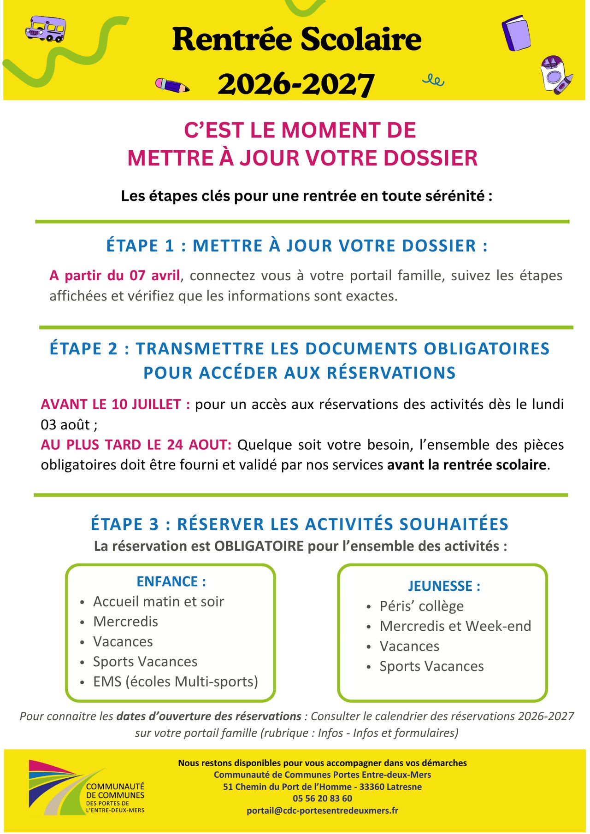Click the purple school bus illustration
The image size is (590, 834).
[x=45, y=29]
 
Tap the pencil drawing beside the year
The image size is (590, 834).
[x=172, y=85]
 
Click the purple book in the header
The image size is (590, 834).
[x=516, y=33]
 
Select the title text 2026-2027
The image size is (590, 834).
[x=296, y=84]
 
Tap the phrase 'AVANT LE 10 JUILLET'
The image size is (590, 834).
[x=115, y=404]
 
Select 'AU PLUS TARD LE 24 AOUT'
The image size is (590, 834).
[x=136, y=445]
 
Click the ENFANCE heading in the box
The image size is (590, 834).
[x=171, y=581]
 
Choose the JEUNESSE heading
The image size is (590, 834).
[x=444, y=586]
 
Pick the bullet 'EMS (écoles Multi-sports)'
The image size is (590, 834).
[x=175, y=681]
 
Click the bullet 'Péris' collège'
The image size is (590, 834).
[x=421, y=606]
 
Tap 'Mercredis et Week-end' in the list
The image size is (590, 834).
[x=455, y=626]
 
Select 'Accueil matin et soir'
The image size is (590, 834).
[x=158, y=602]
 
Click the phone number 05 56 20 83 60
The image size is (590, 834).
[x=322, y=799]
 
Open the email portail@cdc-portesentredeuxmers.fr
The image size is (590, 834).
[x=322, y=811]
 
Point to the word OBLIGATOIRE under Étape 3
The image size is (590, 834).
[x=259, y=546]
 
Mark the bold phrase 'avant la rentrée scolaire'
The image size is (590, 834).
[x=466, y=464]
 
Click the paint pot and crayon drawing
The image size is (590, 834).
[x=556, y=75]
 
